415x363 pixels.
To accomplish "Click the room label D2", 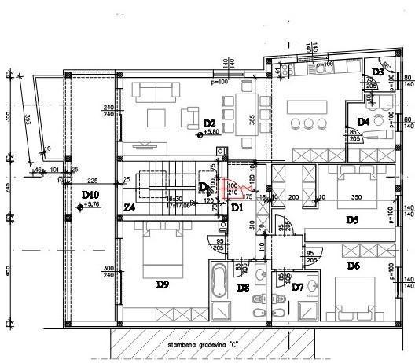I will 209,123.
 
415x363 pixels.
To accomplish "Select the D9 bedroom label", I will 163,284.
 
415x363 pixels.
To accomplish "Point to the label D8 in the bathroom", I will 243,288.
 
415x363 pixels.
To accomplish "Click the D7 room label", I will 297,288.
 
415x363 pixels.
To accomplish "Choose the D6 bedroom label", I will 353,266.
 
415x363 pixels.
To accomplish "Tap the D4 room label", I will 362,122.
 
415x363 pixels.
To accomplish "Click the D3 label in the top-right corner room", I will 377,72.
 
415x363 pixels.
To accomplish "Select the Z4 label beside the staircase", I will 130,208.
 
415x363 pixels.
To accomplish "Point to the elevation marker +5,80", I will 211,133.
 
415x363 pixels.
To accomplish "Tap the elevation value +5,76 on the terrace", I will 93,205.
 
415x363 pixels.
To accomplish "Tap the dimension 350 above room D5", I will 356,197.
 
